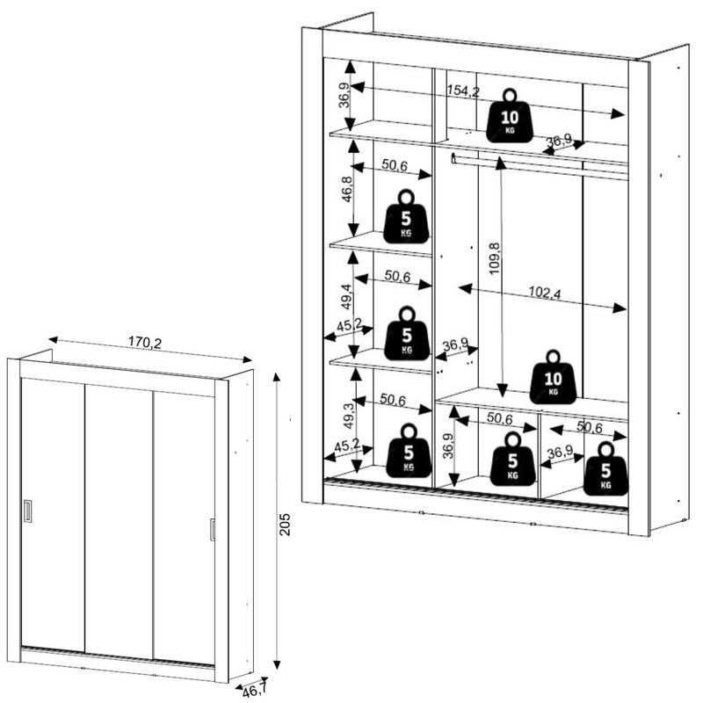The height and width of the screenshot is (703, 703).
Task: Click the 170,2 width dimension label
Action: [x=145, y=343]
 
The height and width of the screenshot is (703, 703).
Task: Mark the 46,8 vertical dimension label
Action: [x=347, y=189]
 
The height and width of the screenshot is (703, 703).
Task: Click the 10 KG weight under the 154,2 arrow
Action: [x=509, y=115]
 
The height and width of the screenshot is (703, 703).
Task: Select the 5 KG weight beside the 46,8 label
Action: [x=406, y=217]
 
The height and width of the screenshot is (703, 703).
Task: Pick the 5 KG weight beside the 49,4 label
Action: [x=406, y=333]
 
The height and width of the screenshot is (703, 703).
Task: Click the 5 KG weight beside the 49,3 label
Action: [x=409, y=451]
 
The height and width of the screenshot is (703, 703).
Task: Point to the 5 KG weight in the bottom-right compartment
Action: [x=606, y=469]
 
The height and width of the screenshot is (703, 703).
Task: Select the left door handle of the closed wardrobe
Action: [x=27, y=511]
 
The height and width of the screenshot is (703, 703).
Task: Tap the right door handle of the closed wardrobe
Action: [x=212, y=529]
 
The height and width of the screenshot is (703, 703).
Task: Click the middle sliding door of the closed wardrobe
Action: [x=119, y=518]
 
